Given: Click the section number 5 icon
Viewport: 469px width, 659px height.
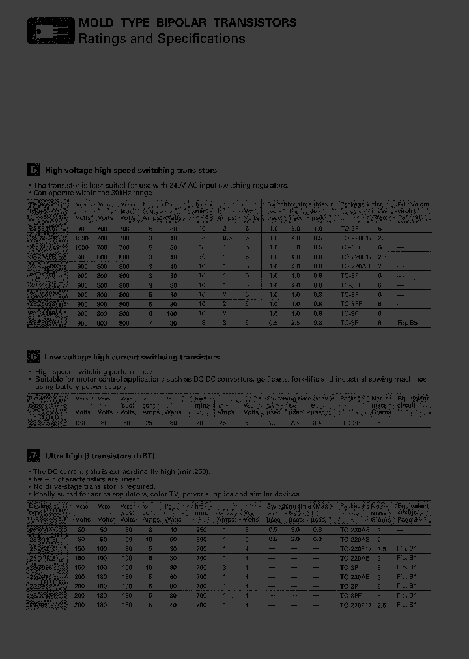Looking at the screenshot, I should [34, 171].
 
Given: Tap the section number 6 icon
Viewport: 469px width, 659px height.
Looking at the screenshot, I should [34, 357].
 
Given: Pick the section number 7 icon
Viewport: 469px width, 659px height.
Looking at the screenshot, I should [34, 456].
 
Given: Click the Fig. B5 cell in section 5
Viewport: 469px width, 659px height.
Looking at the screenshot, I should [408, 322].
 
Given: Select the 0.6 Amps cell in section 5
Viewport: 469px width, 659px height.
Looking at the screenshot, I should [225, 238].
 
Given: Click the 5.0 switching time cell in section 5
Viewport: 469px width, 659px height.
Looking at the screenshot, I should [295, 229].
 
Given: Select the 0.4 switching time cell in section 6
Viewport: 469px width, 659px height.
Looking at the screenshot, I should [317, 423].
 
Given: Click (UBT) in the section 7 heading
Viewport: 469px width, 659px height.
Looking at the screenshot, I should [144, 456].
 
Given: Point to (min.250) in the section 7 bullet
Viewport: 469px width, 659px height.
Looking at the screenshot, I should [193, 471].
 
